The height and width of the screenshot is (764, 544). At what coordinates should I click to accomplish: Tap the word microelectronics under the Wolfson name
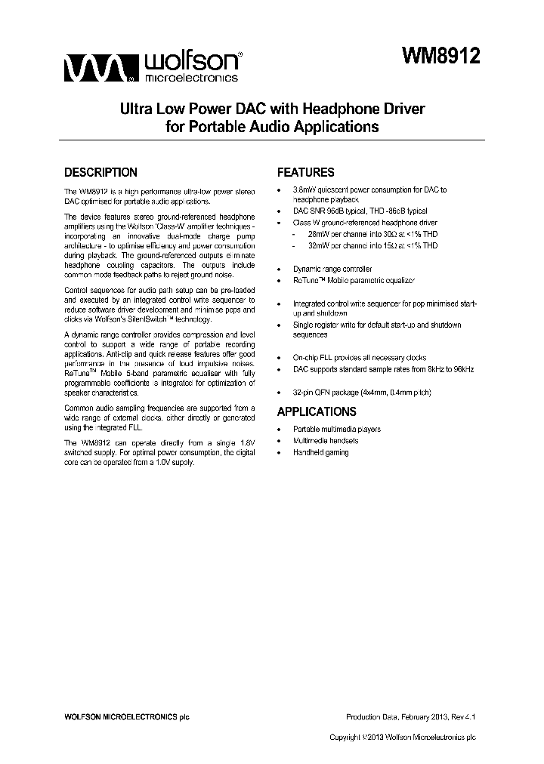pos(190,77)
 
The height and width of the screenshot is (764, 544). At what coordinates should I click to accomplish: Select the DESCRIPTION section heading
pos(100,172)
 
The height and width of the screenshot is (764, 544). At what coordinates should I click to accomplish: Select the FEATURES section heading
pos(305,172)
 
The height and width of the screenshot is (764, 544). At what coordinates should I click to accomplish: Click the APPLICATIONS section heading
pos(317,411)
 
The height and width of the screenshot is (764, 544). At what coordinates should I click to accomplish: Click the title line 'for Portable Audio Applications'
pos(272,127)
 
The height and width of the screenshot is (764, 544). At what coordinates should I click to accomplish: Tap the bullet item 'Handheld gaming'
pos(320,452)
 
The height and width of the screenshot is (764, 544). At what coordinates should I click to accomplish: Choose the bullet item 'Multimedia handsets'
pos(326,440)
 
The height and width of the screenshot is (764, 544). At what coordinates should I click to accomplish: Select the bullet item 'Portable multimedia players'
pos(336,429)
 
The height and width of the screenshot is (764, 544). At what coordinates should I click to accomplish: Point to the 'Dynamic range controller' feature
pos(332,269)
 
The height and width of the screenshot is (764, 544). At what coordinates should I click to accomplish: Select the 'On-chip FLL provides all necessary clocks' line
pos(359,358)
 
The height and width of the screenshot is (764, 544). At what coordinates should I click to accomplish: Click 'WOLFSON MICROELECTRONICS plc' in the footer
pos(125,716)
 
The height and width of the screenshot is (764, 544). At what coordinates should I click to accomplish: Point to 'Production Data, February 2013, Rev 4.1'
pos(410,716)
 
